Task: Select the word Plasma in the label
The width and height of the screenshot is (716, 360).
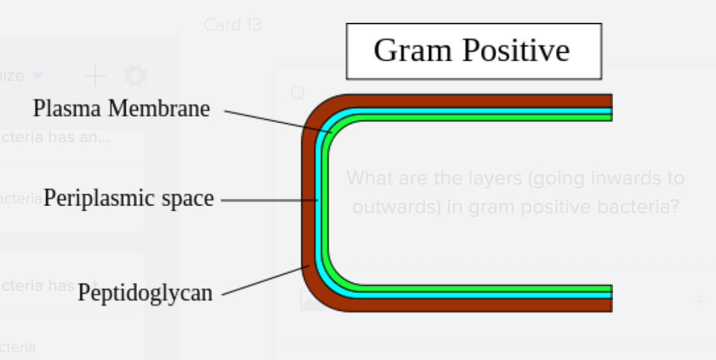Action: [x=67, y=108]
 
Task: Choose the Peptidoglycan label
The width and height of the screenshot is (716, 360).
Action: [x=145, y=293]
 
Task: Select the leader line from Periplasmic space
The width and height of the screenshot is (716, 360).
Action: [x=267, y=200]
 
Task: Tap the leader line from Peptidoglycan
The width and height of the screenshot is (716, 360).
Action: [x=264, y=281]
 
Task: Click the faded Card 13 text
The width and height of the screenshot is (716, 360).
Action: [x=232, y=25]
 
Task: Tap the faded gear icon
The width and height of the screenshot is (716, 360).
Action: [x=136, y=76]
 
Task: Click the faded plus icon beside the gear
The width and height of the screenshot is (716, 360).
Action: [x=95, y=76]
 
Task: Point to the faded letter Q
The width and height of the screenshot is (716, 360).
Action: [x=297, y=94]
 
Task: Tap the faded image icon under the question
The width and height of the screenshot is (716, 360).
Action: [x=312, y=301]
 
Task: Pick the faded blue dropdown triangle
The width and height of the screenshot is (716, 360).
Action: [x=38, y=76]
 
